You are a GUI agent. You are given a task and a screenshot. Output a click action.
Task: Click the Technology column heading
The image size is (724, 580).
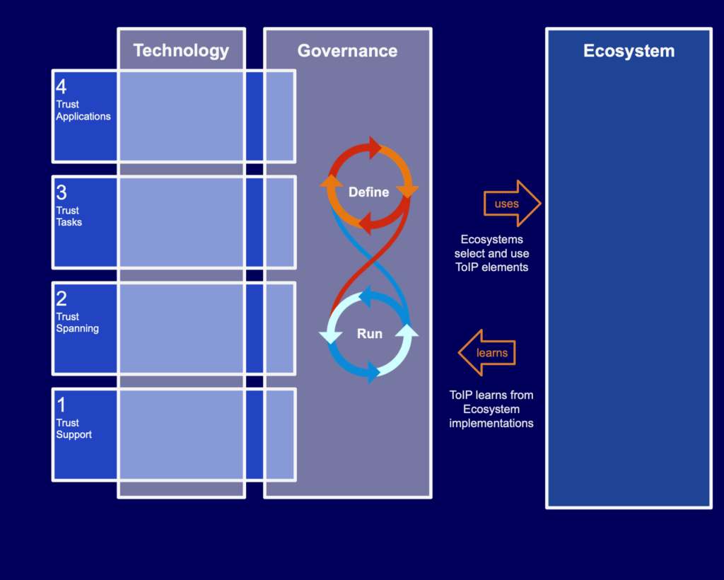[x=181, y=50]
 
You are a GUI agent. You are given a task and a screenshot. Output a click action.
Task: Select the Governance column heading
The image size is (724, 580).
[x=347, y=50]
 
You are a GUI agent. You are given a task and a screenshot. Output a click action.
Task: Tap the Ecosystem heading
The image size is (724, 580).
[x=629, y=51]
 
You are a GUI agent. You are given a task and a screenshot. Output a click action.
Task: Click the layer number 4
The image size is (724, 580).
[x=62, y=87]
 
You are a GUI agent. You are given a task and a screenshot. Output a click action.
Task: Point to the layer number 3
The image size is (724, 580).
[x=62, y=193]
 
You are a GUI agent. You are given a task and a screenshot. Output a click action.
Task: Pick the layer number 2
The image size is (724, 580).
[x=62, y=298]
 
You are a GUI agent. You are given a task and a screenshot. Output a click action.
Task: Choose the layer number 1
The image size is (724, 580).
[x=61, y=405]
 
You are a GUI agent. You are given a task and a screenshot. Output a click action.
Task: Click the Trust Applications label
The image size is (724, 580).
[x=83, y=110]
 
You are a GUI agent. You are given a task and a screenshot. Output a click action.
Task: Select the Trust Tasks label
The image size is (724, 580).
[x=69, y=216]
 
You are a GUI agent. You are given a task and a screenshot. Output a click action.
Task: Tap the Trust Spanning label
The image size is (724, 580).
[x=77, y=323]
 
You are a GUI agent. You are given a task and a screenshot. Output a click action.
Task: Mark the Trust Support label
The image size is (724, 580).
[x=74, y=429]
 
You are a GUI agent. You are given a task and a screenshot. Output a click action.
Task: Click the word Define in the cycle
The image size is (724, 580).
[x=368, y=192]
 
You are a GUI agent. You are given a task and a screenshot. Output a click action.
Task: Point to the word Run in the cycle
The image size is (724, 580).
[x=369, y=334]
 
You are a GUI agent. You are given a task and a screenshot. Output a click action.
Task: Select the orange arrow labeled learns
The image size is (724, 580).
[x=488, y=352]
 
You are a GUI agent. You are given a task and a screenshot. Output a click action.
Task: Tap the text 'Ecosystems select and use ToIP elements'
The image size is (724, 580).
[x=491, y=253]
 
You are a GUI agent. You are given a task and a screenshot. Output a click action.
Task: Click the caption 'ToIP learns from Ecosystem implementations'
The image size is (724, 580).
[x=491, y=409]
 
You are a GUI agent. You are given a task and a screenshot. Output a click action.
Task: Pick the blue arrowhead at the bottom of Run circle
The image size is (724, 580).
[x=373, y=373]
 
